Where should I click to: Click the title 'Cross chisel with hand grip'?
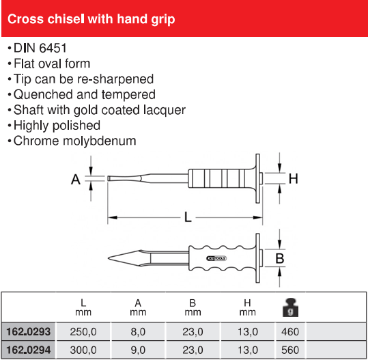coord(91,19)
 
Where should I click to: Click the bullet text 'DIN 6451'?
coord(40,48)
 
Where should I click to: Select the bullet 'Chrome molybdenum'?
coord(74,141)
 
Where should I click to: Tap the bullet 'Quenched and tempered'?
coord(85,95)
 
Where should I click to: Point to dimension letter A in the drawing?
coord(76,180)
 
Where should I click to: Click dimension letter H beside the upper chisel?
coord(294,179)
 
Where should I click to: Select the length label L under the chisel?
coord(188,217)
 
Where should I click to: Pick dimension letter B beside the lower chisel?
coord(280,258)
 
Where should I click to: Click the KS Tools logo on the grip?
coord(216,258)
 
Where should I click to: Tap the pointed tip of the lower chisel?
coord(108,258)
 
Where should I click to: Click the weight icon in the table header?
coord(290,307)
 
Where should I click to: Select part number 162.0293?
coord(29,332)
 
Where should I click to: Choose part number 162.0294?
coord(29,350)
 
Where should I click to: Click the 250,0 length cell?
coord(83,332)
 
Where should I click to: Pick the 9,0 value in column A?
coord(138,350)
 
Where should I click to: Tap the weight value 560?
coord(290,350)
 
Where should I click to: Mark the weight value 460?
coord(290,332)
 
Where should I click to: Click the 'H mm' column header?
coord(247,307)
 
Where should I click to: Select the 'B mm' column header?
coord(193,307)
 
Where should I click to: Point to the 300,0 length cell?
coord(83,350)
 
